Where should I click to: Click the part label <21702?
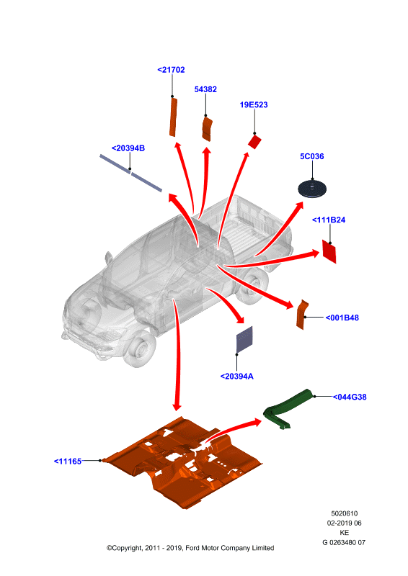(x=171, y=70)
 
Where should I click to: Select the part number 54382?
(x=205, y=89)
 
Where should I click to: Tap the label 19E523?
(x=254, y=104)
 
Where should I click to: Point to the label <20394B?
(x=128, y=148)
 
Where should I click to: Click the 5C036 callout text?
(x=312, y=156)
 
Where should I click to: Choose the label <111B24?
(x=329, y=220)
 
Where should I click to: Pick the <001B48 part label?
(x=342, y=318)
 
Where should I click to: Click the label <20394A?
(x=237, y=376)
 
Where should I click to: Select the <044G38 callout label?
(x=350, y=397)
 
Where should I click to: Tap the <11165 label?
(x=68, y=461)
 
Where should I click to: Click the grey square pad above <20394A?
(x=244, y=339)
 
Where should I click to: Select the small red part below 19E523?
(x=254, y=141)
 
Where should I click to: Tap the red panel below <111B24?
(x=329, y=251)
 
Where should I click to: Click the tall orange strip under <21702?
(x=173, y=117)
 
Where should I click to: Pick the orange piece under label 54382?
(x=207, y=129)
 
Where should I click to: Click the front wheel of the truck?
(x=141, y=349)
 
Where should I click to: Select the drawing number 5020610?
(x=345, y=513)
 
